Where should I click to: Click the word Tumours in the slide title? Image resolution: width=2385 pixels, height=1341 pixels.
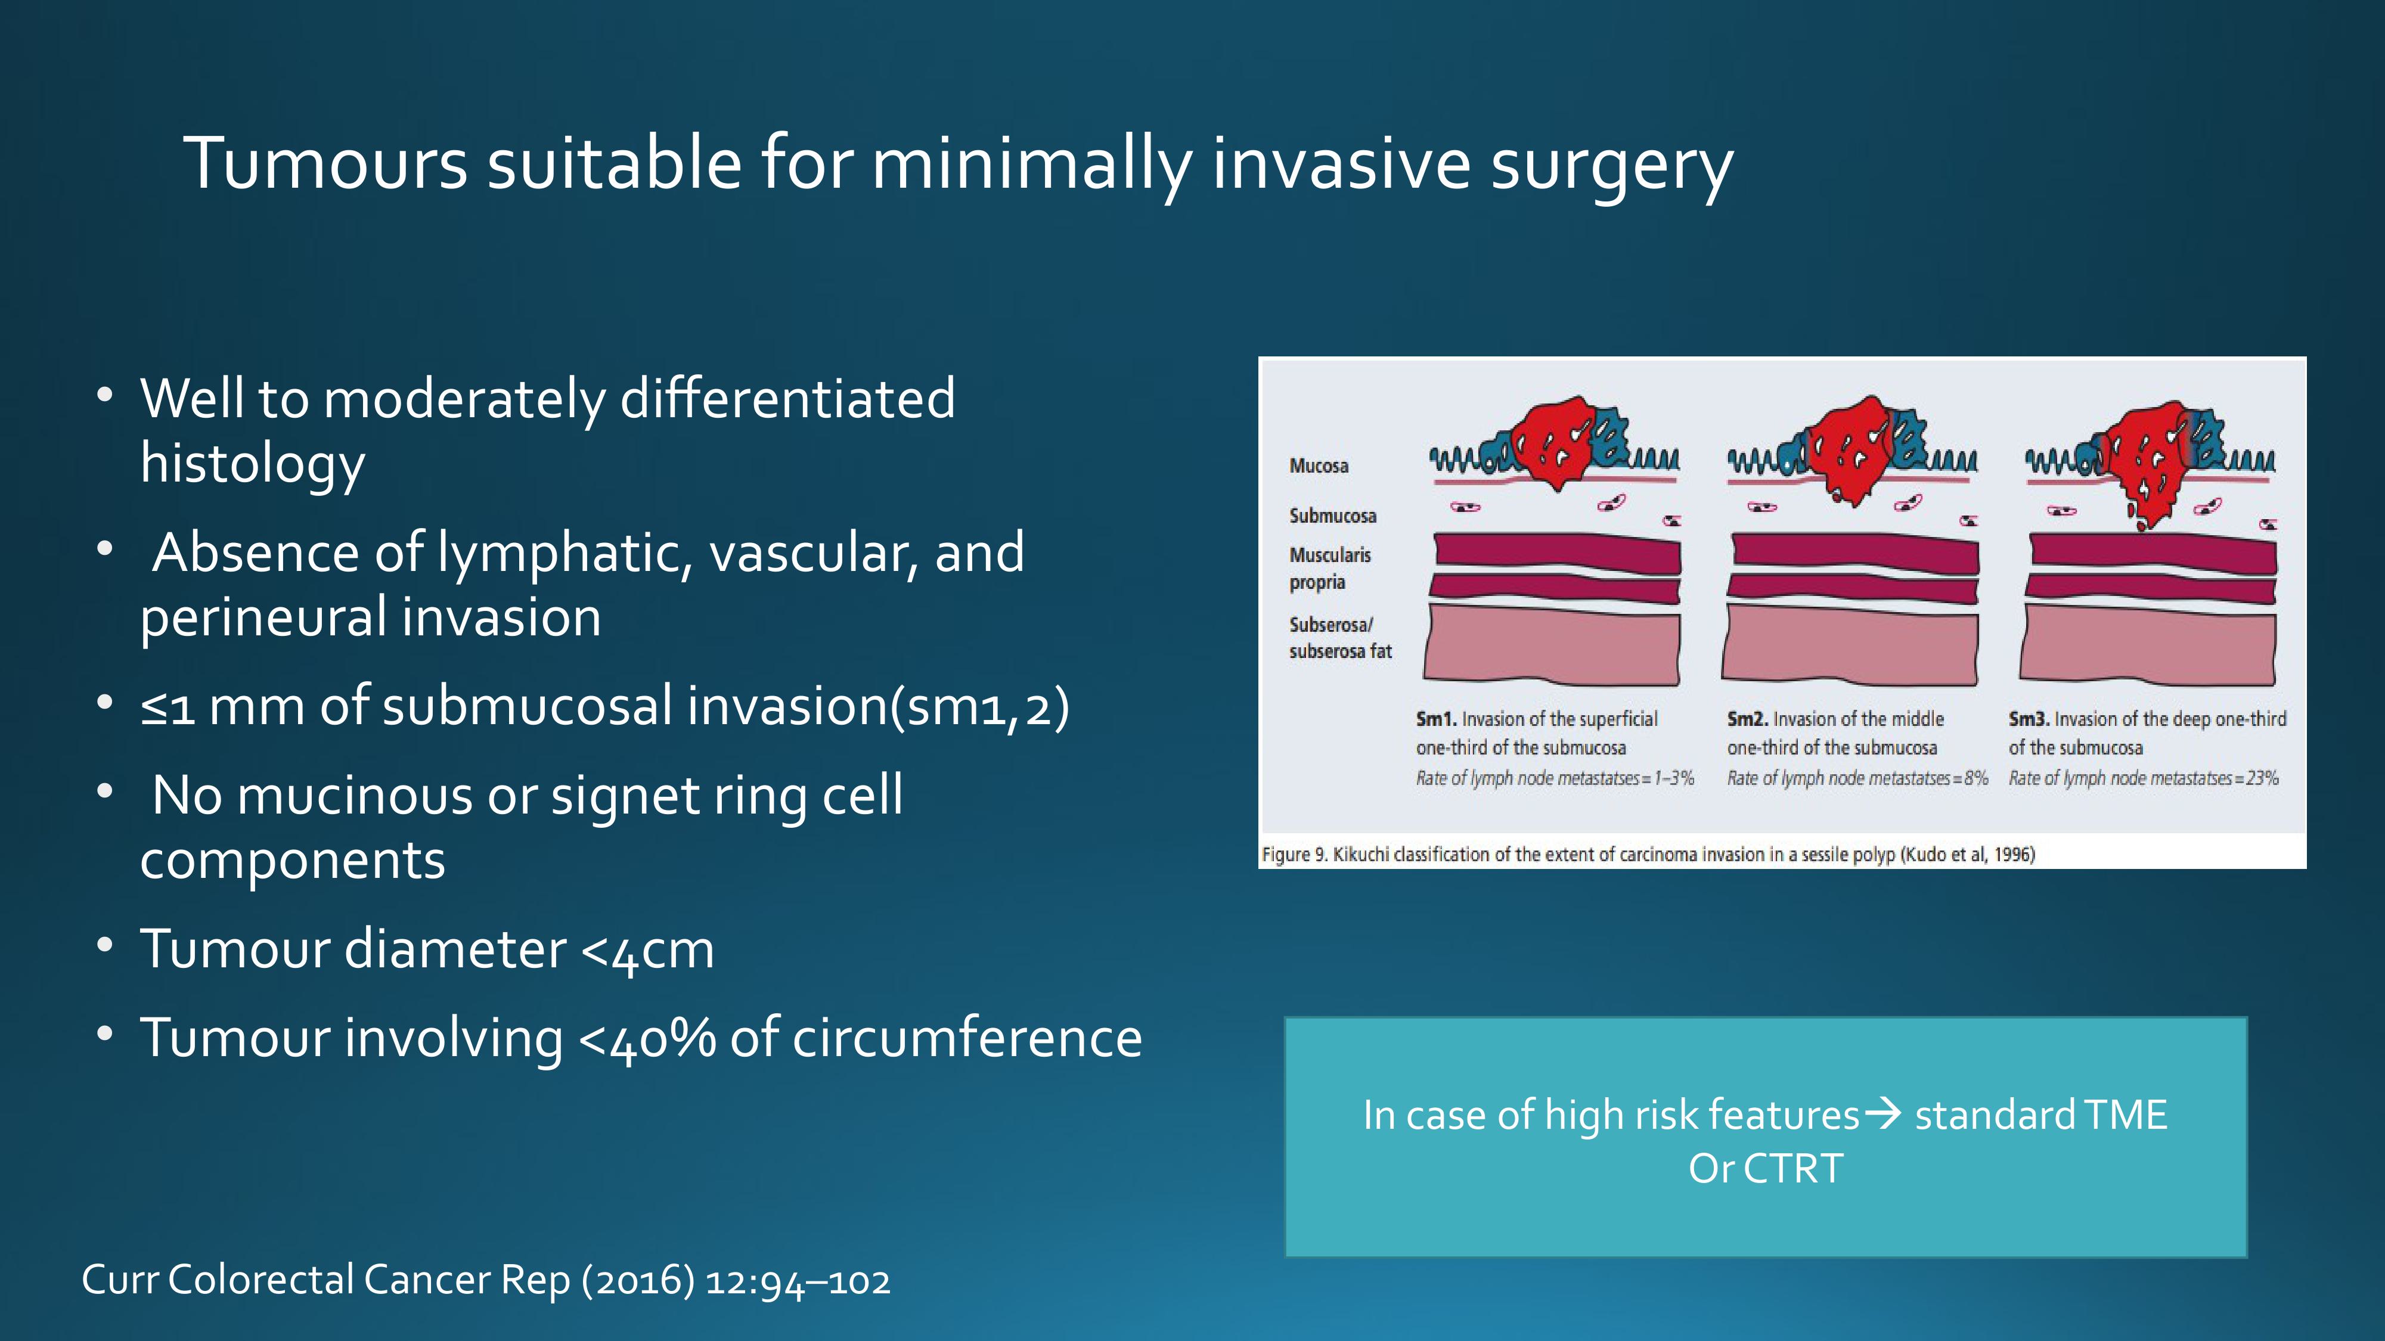click(x=325, y=164)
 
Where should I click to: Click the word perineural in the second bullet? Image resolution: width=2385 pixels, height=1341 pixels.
click(x=263, y=618)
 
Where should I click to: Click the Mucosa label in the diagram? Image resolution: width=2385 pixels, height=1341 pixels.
click(x=1319, y=465)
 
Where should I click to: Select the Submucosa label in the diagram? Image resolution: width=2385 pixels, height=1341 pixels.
click(x=1332, y=516)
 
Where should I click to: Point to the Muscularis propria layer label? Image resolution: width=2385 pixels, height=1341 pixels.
click(x=1329, y=568)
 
